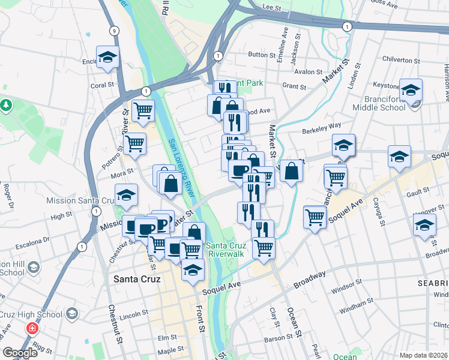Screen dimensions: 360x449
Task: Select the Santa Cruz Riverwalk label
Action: tap(225, 250)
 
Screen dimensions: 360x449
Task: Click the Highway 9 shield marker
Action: tap(114, 30)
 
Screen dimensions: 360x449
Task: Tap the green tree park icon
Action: tap(7, 106)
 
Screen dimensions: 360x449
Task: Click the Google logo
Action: tap(20, 353)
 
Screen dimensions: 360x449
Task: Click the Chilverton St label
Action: tap(402, 61)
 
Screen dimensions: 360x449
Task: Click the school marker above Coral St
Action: tap(107, 58)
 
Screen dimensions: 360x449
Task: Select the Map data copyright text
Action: tap(424, 355)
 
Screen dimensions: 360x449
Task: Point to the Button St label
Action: tap(261, 54)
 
